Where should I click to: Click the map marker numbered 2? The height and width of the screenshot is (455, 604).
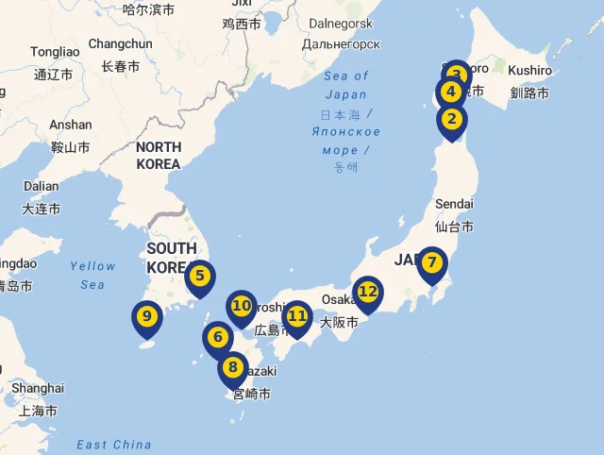click(x=452, y=120)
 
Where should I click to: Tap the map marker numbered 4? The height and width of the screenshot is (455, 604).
click(x=450, y=93)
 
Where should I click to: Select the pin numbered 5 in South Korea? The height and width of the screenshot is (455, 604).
click(x=199, y=277)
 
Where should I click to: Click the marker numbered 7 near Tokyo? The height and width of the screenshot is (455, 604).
click(x=431, y=263)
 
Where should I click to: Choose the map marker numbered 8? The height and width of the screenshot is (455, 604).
click(x=233, y=368)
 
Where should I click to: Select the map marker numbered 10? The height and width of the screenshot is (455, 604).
click(x=242, y=306)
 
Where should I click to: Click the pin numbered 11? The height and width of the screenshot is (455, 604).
click(x=297, y=316)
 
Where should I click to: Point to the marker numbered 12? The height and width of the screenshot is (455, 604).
click(x=367, y=292)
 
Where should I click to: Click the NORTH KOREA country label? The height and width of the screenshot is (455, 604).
click(x=159, y=155)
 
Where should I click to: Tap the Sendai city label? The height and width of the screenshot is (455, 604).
click(x=454, y=204)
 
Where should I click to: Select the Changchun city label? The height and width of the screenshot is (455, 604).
click(x=120, y=43)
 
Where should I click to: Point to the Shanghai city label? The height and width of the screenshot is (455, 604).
click(x=38, y=388)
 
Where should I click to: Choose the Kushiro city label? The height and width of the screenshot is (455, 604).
click(x=529, y=71)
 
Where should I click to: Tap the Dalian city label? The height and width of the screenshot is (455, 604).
click(x=42, y=186)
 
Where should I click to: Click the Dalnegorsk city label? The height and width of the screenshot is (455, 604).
click(x=342, y=23)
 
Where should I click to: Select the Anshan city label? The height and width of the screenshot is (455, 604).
click(x=71, y=125)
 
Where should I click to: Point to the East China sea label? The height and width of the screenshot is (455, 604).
click(x=114, y=445)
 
